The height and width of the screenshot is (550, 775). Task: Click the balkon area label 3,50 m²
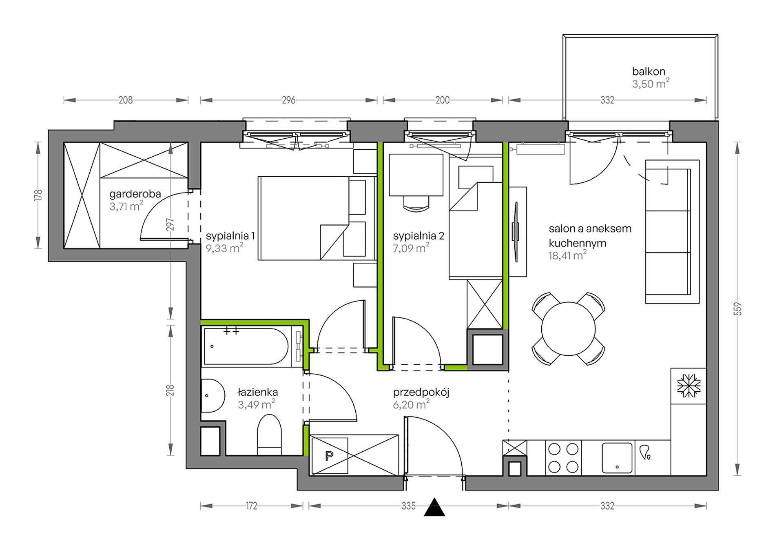click(x=651, y=84)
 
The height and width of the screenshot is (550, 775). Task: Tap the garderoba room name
click(x=135, y=194)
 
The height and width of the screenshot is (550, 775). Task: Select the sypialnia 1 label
click(x=230, y=236)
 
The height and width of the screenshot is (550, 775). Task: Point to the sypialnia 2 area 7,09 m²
click(x=411, y=248)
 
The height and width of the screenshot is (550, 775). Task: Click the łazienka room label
click(x=258, y=392)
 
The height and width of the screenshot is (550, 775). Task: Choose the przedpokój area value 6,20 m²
click(x=411, y=405)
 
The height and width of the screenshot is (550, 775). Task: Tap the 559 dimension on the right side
click(x=737, y=309)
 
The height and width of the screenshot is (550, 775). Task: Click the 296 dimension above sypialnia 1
click(x=288, y=100)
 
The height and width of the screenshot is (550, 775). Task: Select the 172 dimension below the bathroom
click(x=252, y=506)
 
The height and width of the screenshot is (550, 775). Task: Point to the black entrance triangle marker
click(x=434, y=508)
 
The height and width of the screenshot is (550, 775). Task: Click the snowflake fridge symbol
click(x=689, y=386)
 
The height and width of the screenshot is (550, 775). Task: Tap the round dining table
click(x=568, y=329)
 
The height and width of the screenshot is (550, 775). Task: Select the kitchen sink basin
click(x=617, y=458)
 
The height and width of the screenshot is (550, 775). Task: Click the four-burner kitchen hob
click(x=563, y=458)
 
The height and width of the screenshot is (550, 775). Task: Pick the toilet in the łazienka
click(x=269, y=435)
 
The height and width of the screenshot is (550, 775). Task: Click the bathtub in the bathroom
click(x=246, y=346)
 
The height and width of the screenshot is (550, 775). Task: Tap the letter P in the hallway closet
click(x=329, y=456)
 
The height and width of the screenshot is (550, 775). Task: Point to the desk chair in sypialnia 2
click(x=416, y=203)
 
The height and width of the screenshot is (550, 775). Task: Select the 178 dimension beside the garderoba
click(x=38, y=195)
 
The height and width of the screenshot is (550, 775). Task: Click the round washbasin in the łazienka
click(x=212, y=396)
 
